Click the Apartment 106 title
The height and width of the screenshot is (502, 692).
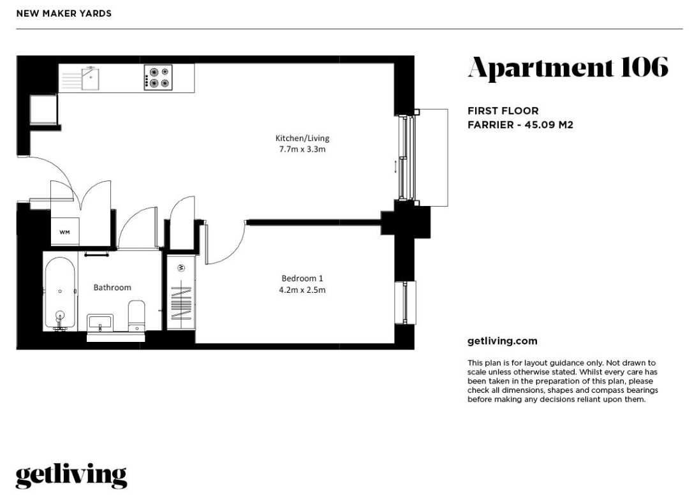(x=568, y=68)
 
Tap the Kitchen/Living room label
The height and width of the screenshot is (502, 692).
(x=302, y=138)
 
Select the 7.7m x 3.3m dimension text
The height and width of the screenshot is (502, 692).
(x=302, y=149)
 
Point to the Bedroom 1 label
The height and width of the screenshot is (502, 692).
(x=302, y=278)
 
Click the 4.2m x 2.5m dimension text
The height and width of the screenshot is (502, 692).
(x=302, y=290)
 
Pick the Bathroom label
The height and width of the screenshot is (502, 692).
(x=112, y=288)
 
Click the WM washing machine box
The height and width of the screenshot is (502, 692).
(x=65, y=232)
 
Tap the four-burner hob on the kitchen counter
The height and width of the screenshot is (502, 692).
(x=158, y=78)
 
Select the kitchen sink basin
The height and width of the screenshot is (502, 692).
(x=90, y=78)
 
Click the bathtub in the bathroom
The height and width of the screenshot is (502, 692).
(x=59, y=293)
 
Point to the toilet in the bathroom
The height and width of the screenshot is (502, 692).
(x=136, y=315)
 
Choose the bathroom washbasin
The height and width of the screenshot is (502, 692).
(x=100, y=323)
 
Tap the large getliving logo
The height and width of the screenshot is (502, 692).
(x=71, y=475)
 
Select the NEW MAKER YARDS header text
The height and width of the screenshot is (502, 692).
(x=64, y=13)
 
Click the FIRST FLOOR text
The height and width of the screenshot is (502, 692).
(x=503, y=111)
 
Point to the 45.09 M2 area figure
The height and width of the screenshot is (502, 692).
(x=548, y=125)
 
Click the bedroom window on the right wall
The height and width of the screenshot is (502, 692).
(x=405, y=303)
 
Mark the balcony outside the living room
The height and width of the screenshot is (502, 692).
(x=431, y=158)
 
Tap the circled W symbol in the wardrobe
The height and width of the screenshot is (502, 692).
(x=181, y=267)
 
